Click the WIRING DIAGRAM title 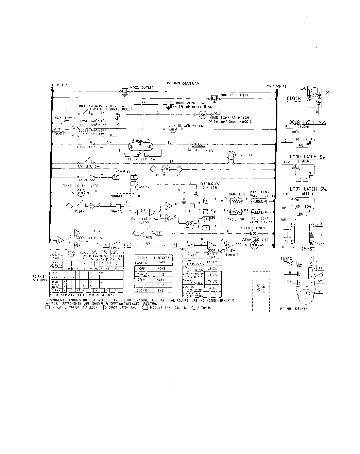click(x=183, y=83)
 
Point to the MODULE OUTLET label click(x=234, y=95)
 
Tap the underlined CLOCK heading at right click(x=294, y=99)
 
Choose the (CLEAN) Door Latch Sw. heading click(x=307, y=122)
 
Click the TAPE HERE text click(x=261, y=289)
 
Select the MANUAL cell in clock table click(x=143, y=274)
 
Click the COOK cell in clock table click(x=143, y=285)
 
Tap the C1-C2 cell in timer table click(x=214, y=262)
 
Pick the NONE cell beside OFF click(x=161, y=268)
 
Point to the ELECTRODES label click(x=209, y=184)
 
